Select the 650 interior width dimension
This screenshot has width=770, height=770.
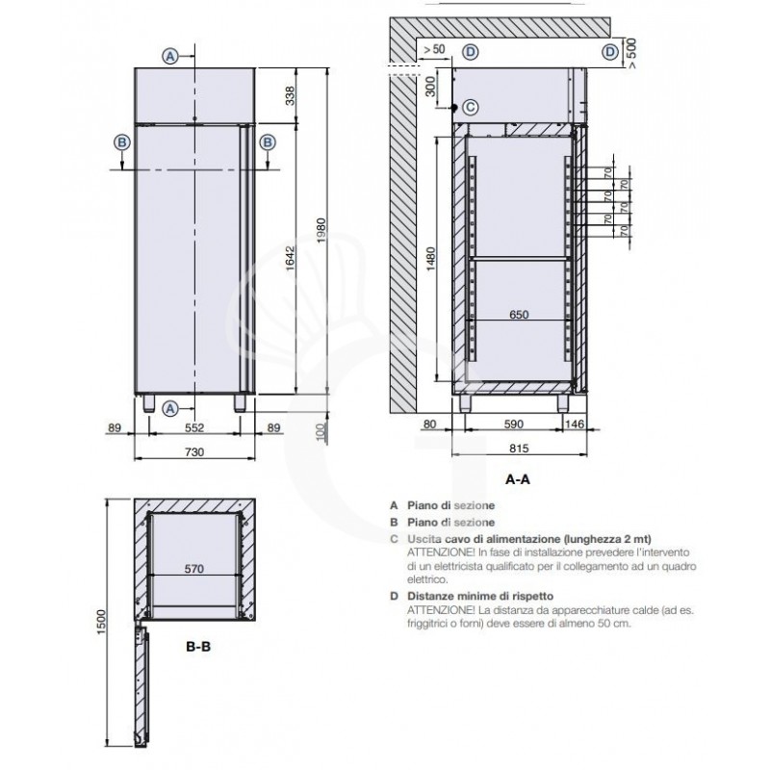(x=518, y=314)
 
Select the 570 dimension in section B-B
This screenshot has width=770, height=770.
(x=194, y=568)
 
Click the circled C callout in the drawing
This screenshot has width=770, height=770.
(x=470, y=106)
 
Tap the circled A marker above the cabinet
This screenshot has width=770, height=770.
(x=170, y=55)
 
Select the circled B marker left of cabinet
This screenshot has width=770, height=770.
(x=122, y=141)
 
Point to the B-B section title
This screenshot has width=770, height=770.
(x=197, y=647)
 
